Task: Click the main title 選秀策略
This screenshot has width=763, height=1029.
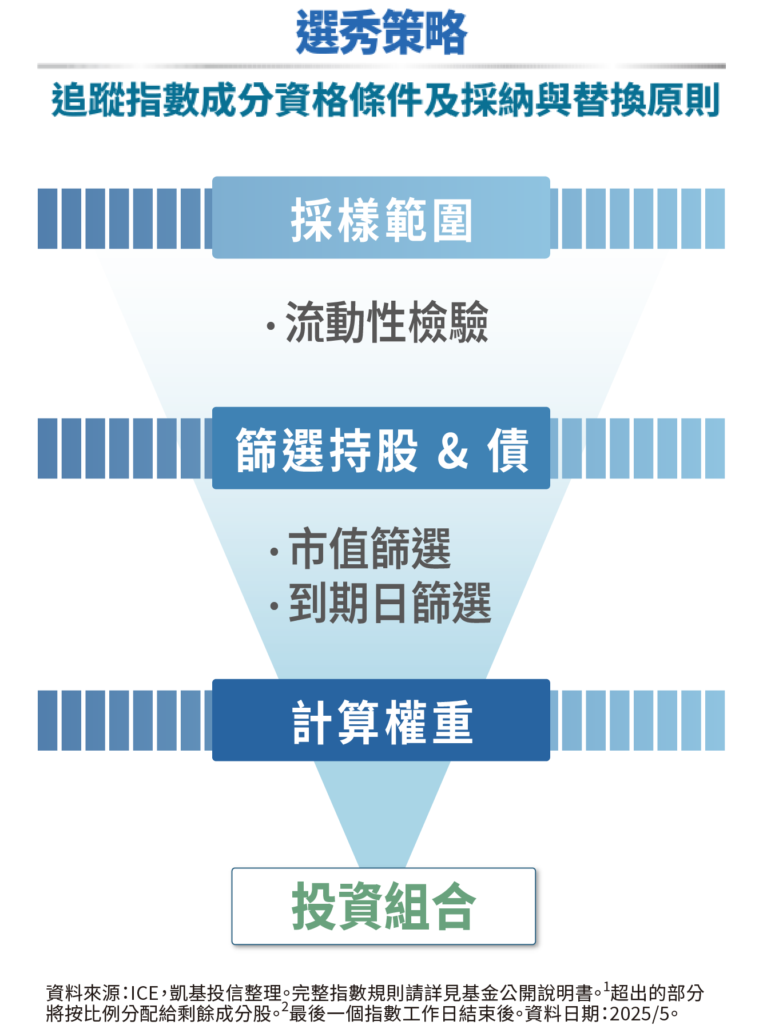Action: point(381,33)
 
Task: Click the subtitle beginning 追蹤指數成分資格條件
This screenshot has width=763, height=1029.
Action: point(384,101)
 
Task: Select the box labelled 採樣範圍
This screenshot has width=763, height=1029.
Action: point(381,218)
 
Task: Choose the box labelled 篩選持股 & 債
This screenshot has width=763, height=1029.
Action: point(381,448)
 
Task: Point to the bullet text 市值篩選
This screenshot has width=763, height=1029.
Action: point(370,549)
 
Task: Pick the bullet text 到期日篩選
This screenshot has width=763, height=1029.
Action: point(390,603)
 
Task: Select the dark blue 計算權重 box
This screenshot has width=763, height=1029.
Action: point(381,720)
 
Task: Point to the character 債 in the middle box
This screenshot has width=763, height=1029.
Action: point(508,449)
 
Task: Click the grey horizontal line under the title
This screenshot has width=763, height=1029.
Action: point(381,66)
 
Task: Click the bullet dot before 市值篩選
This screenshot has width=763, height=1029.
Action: point(275,552)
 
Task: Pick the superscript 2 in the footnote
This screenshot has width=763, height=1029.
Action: point(285,1007)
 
